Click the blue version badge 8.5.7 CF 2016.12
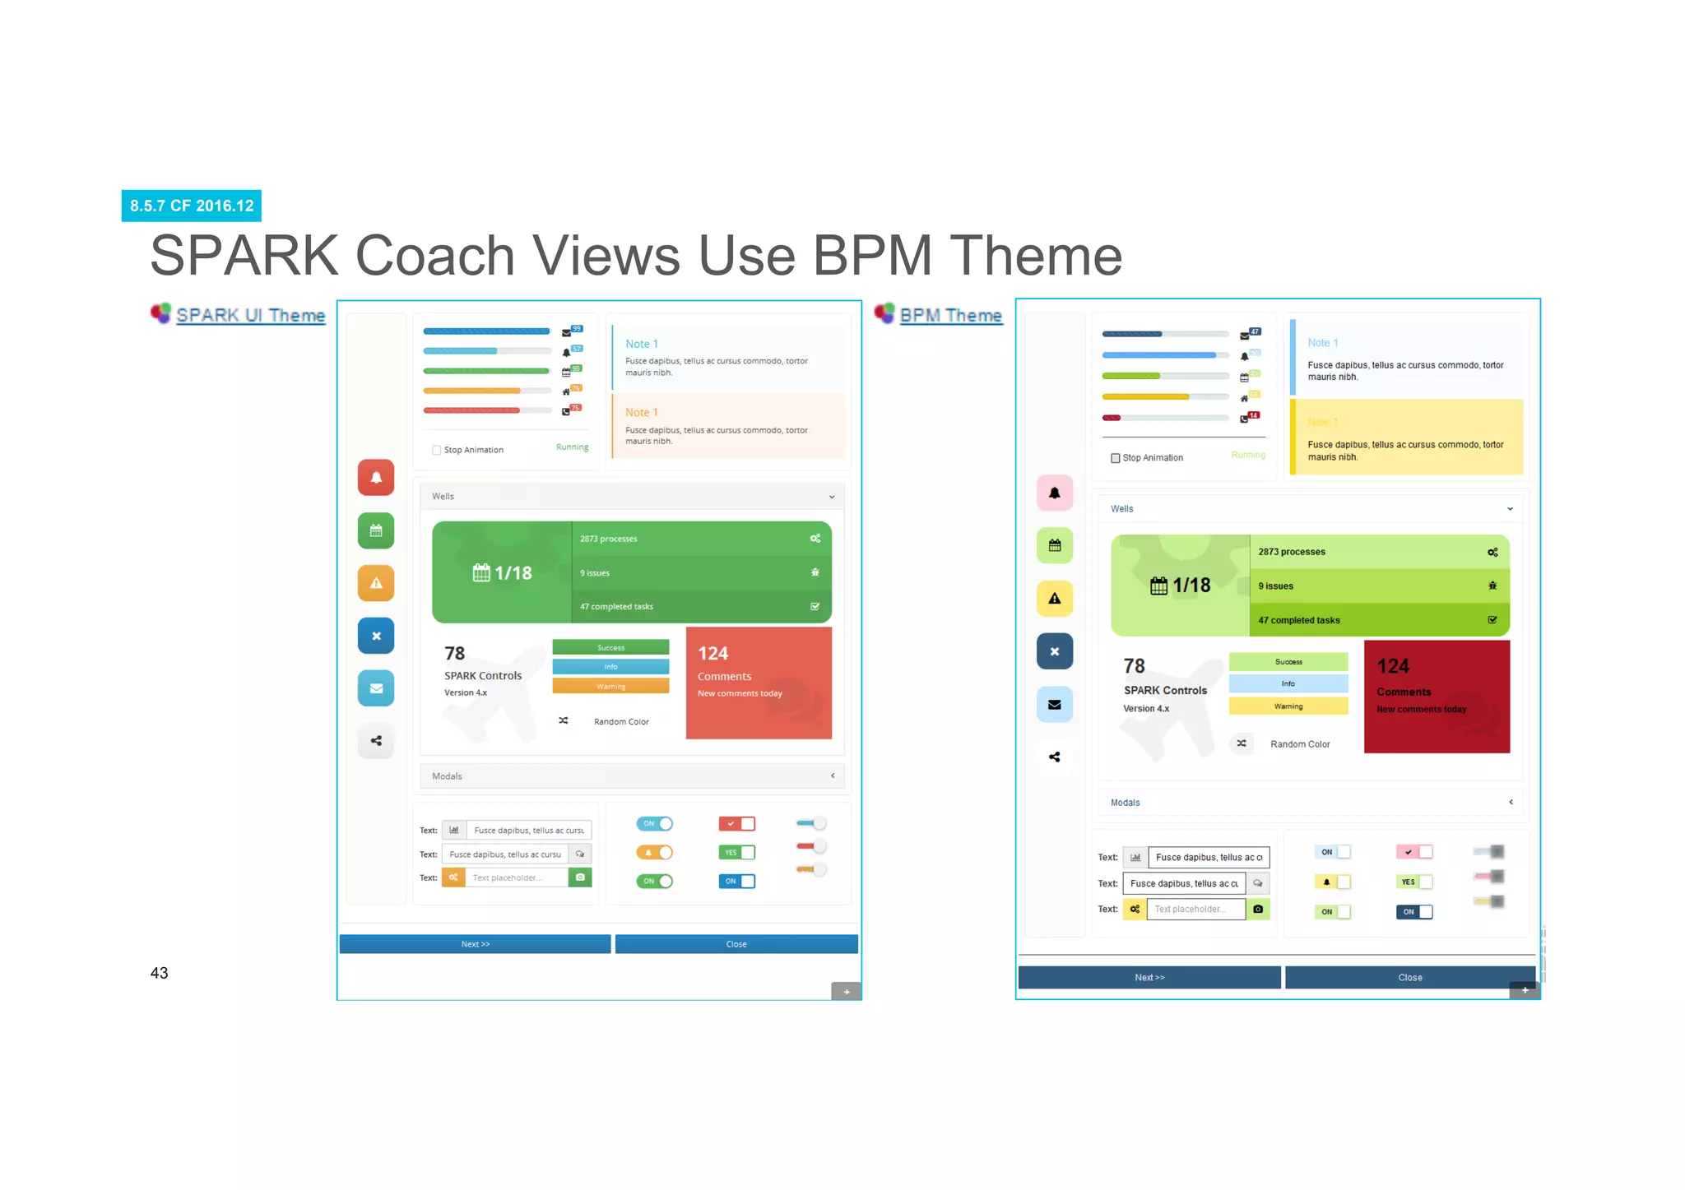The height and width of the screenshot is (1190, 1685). pos(192,206)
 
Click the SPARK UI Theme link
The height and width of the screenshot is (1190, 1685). pos(250,315)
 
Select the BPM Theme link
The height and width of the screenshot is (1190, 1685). pos(950,315)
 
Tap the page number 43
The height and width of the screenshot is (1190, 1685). pos(159,973)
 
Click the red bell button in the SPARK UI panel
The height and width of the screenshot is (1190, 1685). pos(376,478)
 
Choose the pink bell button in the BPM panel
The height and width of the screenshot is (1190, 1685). pos(1055,493)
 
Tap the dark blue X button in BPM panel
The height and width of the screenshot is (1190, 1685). pos(1055,651)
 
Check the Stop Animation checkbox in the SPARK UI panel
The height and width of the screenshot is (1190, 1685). pos(437,450)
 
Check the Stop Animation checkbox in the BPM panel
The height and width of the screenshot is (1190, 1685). pos(1116,458)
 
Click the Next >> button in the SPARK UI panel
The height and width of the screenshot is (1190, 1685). pos(475,944)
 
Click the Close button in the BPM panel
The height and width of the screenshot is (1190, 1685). pos(1409,978)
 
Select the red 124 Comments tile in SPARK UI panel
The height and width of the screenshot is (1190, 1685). pos(759,683)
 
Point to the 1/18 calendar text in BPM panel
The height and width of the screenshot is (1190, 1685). pos(1191,586)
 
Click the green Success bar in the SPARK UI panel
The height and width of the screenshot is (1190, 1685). pos(610,647)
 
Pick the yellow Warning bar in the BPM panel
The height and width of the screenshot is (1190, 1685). pos(1288,706)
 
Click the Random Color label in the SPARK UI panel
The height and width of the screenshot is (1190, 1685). pos(621,722)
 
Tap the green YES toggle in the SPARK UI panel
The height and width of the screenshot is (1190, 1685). pos(736,853)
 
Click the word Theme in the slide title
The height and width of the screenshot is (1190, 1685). pos(1036,256)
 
